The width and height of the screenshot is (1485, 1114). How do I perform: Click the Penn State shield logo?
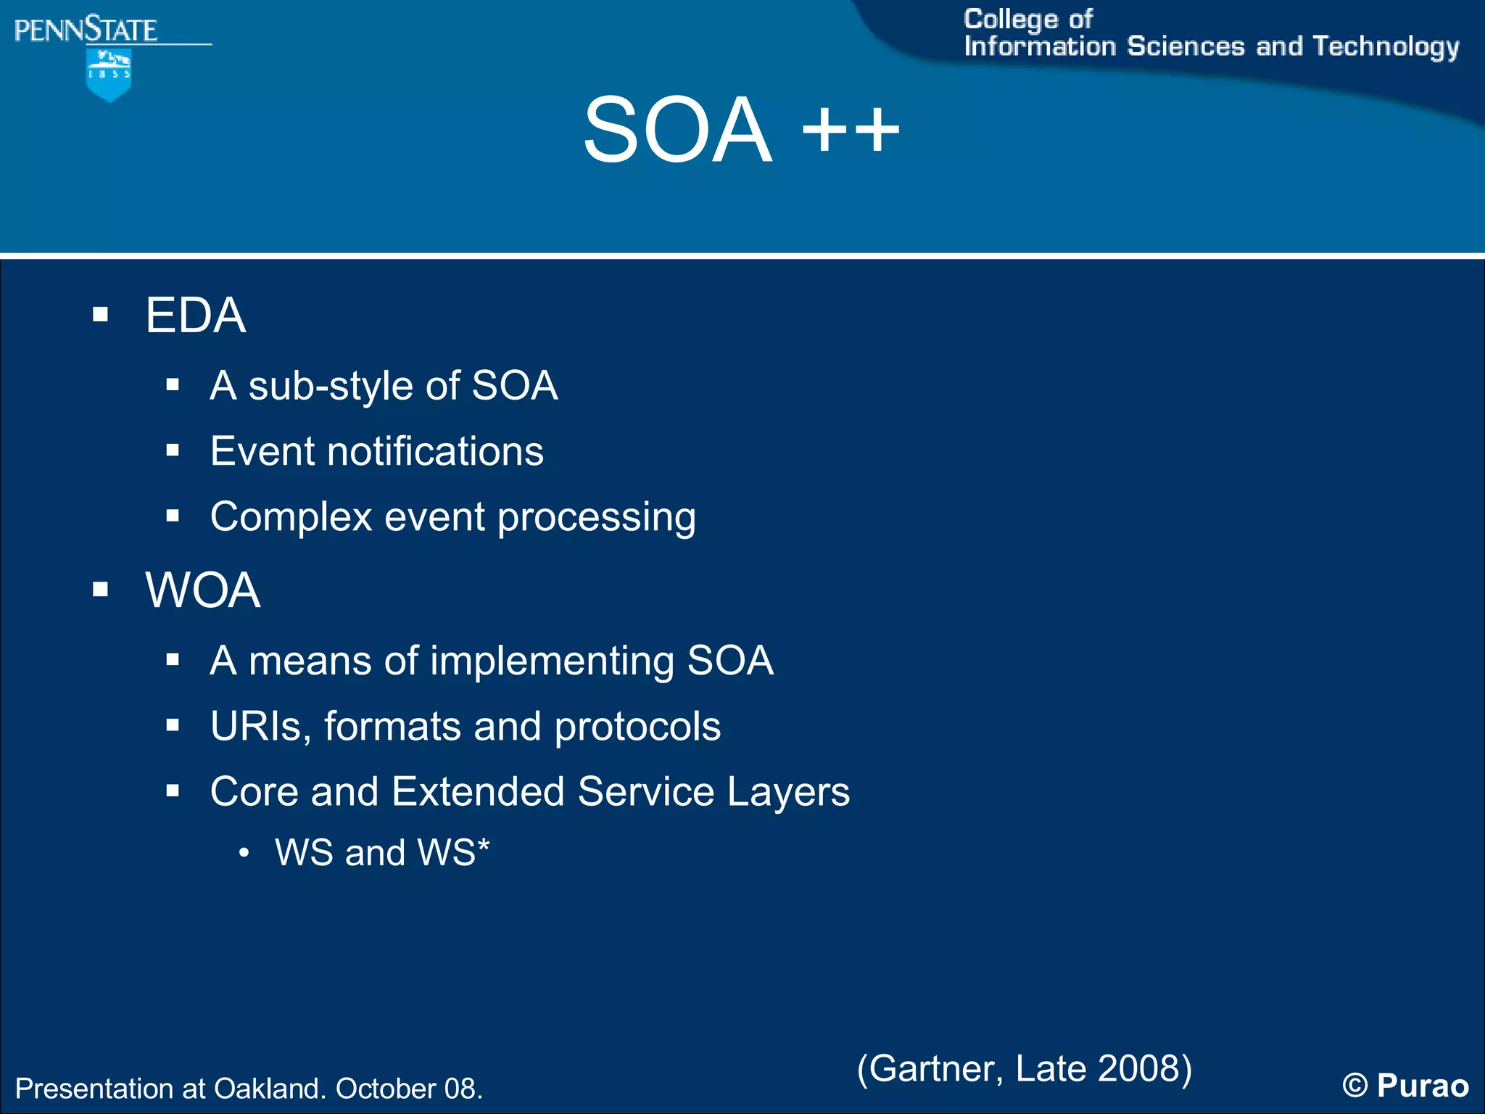(109, 75)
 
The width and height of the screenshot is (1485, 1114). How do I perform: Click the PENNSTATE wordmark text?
(86, 30)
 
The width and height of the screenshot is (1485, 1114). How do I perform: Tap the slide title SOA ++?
(741, 131)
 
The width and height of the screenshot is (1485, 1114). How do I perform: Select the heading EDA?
(195, 315)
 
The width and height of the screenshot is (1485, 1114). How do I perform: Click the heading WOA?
(202, 590)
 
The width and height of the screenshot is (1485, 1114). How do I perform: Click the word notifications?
(435, 451)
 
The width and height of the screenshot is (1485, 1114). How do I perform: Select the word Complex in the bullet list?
(291, 517)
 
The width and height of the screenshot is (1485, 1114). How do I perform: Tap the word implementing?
(552, 661)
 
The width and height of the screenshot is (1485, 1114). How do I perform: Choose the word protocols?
(637, 726)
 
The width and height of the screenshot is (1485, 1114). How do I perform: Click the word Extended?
(478, 791)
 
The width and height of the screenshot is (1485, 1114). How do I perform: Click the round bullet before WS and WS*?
(244, 854)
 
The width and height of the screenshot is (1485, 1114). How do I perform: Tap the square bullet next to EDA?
(100, 315)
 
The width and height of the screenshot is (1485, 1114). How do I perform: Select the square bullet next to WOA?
(100, 590)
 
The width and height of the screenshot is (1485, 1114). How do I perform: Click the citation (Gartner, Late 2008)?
(1024, 1068)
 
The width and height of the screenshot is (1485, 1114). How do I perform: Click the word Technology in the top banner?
(1386, 46)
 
